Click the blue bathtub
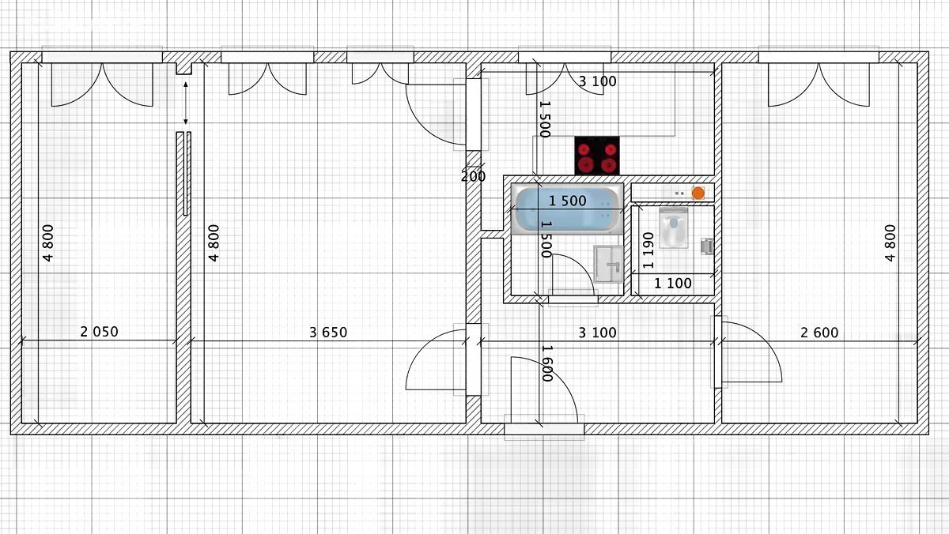tap(567, 209)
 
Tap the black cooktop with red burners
tap(597, 156)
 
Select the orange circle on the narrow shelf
tap(698, 193)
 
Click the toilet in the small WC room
tap(674, 228)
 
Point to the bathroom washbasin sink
tap(608, 264)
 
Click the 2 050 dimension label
tap(99, 332)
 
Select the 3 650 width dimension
tap(328, 333)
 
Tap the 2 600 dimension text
tap(819, 333)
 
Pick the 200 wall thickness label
tap(473, 176)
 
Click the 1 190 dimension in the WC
tap(648, 250)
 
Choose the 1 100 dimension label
tap(673, 283)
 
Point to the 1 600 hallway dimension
tap(547, 363)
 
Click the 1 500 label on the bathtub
tap(568, 201)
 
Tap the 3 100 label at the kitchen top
tap(597, 81)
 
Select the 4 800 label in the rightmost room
tap(890, 243)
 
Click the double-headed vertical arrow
tap(186, 103)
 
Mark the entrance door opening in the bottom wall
tap(544, 428)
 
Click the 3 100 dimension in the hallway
tap(597, 333)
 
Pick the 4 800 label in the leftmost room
tap(48, 243)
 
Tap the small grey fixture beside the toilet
tap(707, 246)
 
